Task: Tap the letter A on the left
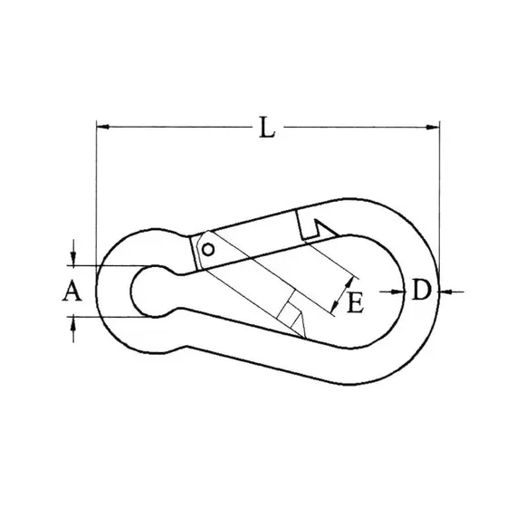pyautogui.click(x=73, y=291)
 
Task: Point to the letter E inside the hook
pyautogui.click(x=356, y=302)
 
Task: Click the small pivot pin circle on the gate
pyautogui.click(x=208, y=248)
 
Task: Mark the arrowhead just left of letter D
pyautogui.click(x=399, y=291)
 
